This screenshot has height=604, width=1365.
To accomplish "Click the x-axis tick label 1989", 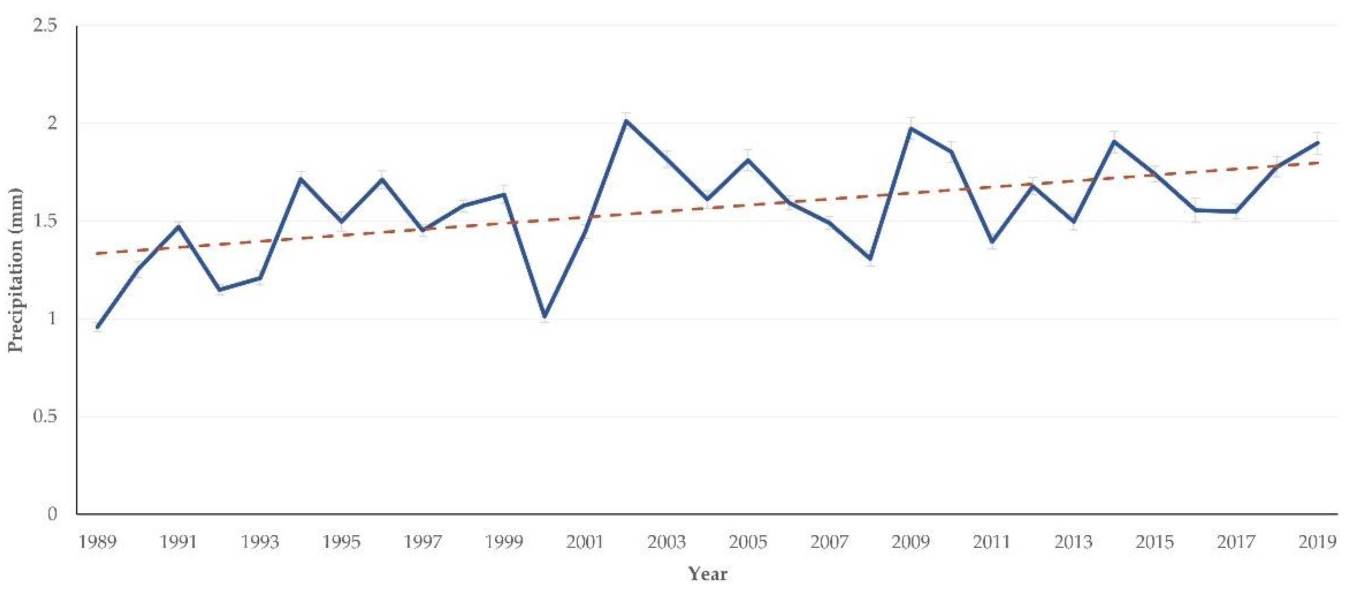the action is (97, 542).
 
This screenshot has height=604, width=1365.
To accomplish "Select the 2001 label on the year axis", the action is (585, 542).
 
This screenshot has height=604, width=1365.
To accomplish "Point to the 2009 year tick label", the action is (911, 542).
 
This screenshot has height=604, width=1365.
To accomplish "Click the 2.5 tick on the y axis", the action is (45, 25).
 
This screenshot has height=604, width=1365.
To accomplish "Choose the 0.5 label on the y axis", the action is (45, 416).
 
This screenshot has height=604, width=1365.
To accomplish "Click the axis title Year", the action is (708, 574).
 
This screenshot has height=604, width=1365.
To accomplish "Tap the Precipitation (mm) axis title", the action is (16, 270).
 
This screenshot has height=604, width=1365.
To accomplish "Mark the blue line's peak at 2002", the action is (626, 121).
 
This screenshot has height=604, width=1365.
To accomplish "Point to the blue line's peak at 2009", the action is (911, 128).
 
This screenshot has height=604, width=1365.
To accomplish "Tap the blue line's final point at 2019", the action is (1318, 143).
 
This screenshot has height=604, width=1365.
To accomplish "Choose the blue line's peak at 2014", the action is (1114, 141).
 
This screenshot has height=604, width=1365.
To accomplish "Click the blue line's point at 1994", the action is (301, 179).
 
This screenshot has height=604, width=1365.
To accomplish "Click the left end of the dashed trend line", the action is (96, 253).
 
